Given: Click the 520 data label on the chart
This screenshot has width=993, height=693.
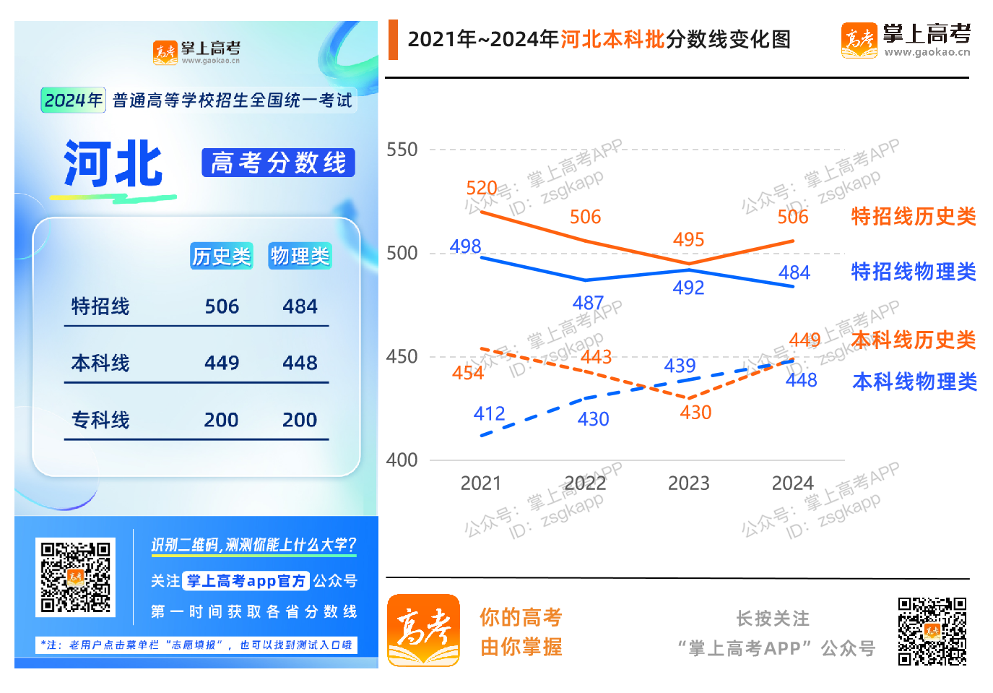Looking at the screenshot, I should coord(482,189).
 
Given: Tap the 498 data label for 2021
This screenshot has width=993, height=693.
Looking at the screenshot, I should coord(465,246).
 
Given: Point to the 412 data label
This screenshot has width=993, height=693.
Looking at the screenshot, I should coord(489,413).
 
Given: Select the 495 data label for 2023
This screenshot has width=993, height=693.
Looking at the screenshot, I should coord(688,240).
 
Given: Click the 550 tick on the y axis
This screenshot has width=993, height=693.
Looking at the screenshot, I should coord(402,150).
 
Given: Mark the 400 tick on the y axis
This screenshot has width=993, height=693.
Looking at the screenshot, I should coord(402,460).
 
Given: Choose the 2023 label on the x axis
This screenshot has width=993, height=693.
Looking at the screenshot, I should coord(688,483).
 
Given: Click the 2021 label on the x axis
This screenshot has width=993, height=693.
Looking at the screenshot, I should coord(481,483).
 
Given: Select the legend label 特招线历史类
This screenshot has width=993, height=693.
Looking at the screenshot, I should coord(914,216).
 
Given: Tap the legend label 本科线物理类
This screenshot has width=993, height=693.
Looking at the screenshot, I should coord(914,382).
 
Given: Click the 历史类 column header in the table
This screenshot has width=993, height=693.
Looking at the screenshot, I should coord(221,256).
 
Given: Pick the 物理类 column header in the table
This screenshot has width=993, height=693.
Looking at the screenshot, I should coord(300,256).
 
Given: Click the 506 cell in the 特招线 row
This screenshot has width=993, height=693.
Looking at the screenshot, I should coord(222,306).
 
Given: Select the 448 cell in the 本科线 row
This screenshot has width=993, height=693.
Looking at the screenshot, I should coord(300,363).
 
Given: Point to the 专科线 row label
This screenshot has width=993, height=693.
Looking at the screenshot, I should coord(100,420).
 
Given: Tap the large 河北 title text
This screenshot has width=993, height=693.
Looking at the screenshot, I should coord(113,165).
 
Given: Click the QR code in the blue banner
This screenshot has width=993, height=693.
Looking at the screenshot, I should coord(75,577).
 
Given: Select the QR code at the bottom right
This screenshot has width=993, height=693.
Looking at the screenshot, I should coord(932,631).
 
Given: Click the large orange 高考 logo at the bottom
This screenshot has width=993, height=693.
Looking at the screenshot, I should coord(424,630).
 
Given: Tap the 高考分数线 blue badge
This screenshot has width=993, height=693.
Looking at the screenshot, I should coord(278,163).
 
